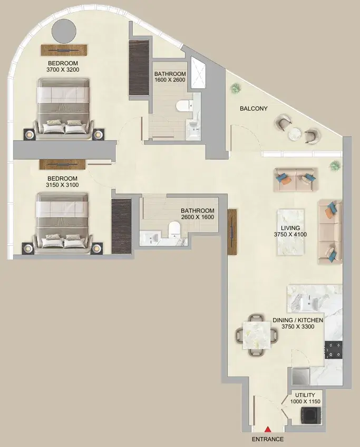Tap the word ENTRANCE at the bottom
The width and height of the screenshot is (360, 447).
coord(268,439)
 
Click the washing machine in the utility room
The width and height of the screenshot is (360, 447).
coord(311,415)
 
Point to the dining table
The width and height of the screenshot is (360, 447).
coord(257,335)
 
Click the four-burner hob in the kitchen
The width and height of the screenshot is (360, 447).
coord(334,350)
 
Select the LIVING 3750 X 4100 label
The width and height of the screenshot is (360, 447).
coord(290,231)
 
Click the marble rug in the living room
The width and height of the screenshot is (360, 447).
coord(290,232)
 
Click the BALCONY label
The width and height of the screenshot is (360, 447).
coord(254,108)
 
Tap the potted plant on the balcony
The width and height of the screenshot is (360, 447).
coord(235,87)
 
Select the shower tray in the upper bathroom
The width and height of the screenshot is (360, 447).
coord(198,74)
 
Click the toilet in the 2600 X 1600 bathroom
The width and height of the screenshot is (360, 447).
coord(173,230)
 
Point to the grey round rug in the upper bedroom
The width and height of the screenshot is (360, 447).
coord(64,31)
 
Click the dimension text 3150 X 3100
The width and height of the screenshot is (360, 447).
coord(62,185)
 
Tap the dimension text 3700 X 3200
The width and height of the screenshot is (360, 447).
coord(63,69)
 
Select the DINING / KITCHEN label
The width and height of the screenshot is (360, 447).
coord(298,321)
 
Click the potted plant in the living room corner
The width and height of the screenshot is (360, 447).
coord(334,165)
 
